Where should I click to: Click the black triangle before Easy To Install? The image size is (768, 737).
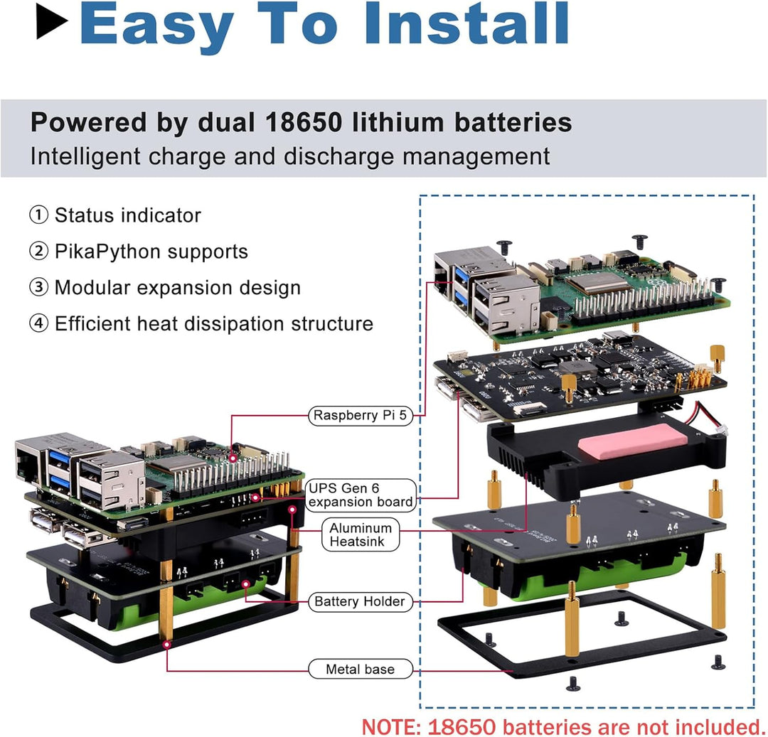pos(52,26)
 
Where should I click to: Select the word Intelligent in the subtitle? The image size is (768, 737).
pos(76,156)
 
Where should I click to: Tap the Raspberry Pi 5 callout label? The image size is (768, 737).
pos(361,416)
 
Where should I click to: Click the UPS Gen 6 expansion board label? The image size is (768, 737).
pos(361,495)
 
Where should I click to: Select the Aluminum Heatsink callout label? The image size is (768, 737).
pos(361,535)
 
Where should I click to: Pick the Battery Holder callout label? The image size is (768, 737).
pos(360,602)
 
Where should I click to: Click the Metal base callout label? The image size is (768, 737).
pos(360,669)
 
